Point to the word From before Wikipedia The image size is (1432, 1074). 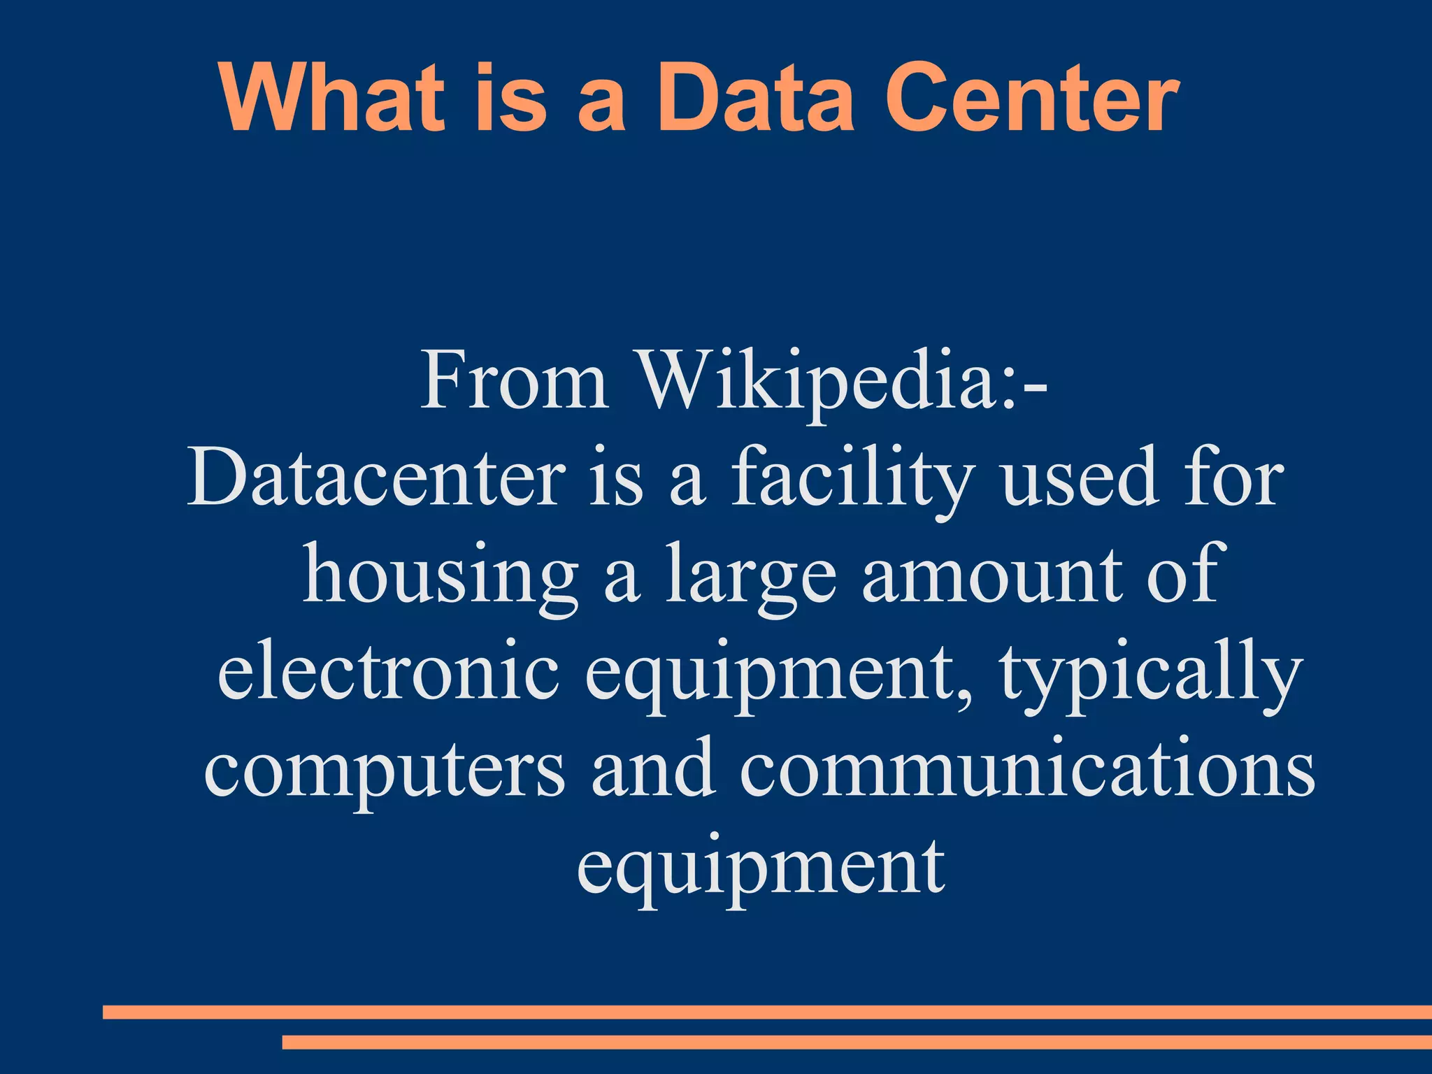click(x=514, y=381)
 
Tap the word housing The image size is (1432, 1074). click(x=441, y=577)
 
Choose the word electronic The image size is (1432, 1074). click(x=388, y=671)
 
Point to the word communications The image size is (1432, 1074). click(x=1028, y=769)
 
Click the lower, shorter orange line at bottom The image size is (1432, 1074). click(x=857, y=1043)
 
